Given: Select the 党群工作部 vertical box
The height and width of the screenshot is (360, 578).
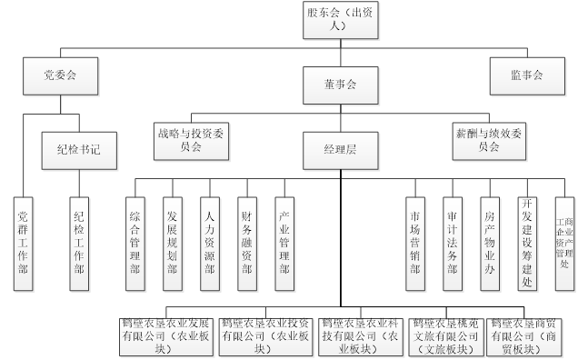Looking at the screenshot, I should (24, 241).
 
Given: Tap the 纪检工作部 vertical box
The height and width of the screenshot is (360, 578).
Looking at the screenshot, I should (79, 241).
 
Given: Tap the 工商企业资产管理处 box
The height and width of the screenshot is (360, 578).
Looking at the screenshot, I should (563, 242).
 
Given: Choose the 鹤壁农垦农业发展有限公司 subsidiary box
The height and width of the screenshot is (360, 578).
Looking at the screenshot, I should (165, 335).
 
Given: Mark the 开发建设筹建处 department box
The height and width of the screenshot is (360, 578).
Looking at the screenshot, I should (526, 242).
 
